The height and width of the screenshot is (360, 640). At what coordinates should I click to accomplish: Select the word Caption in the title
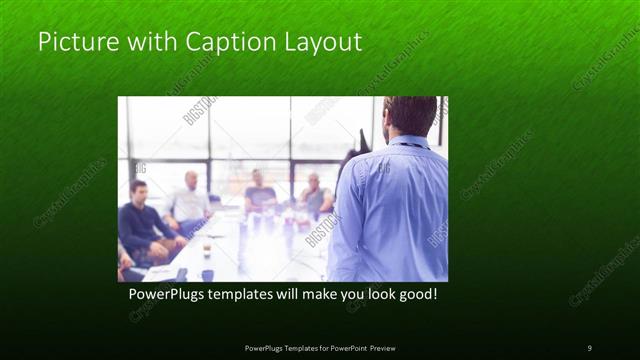click(215, 43)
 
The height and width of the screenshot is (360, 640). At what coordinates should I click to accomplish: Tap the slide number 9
click(589, 347)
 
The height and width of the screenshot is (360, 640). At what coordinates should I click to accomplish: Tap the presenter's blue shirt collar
click(405, 141)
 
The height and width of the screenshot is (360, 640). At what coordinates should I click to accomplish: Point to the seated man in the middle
click(261, 194)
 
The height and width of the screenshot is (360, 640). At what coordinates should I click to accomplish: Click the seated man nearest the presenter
click(316, 197)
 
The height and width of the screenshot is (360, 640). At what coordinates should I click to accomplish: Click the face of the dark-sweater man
click(139, 191)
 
